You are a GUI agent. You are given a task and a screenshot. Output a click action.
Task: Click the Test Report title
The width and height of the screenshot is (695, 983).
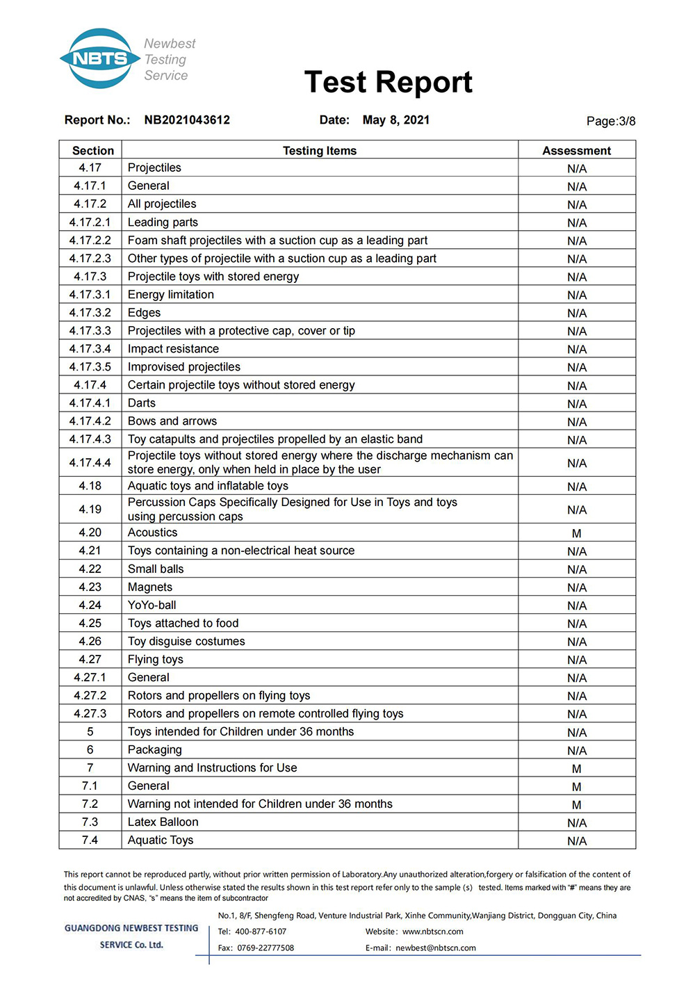[x=388, y=82]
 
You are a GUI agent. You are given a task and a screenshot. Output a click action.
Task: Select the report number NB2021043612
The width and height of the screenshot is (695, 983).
[x=187, y=120]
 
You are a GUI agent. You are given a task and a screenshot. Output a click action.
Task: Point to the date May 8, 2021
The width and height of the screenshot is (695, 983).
[x=395, y=120]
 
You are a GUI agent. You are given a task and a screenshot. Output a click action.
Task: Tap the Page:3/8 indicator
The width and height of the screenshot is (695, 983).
[x=610, y=121]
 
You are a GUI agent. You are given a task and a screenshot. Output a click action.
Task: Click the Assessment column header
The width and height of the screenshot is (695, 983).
[x=576, y=151]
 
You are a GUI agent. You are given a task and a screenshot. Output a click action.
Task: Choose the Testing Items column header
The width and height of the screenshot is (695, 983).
[x=320, y=151]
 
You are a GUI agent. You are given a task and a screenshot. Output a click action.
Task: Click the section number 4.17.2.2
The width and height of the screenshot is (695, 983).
[x=90, y=241]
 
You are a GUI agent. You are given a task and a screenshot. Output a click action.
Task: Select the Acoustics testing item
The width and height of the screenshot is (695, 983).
[x=153, y=533]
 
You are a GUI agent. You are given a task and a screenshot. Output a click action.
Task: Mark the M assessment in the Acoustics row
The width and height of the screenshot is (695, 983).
[x=576, y=534]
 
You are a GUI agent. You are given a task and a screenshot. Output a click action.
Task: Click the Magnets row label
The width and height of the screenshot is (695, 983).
[x=150, y=587]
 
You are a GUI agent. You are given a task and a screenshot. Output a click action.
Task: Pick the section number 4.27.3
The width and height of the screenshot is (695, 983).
[x=90, y=714]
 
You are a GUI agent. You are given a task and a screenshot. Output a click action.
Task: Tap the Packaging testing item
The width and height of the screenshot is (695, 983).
[x=155, y=750]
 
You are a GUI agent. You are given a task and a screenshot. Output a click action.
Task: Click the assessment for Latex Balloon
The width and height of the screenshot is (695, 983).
[x=576, y=823]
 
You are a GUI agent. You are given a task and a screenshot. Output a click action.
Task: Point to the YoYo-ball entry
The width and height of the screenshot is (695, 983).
[x=152, y=606]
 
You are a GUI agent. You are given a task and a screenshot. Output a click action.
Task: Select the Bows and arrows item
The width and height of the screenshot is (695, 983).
[x=172, y=421]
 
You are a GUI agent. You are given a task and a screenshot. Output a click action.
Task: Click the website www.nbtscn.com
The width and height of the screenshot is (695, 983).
[x=432, y=932]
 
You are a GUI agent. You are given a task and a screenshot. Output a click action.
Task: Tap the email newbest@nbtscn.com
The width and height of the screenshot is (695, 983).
[x=436, y=948]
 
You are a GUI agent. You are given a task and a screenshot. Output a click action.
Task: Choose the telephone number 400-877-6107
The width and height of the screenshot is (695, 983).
[x=261, y=932]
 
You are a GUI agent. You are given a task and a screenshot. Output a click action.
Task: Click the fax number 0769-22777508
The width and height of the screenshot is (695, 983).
[x=265, y=948]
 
